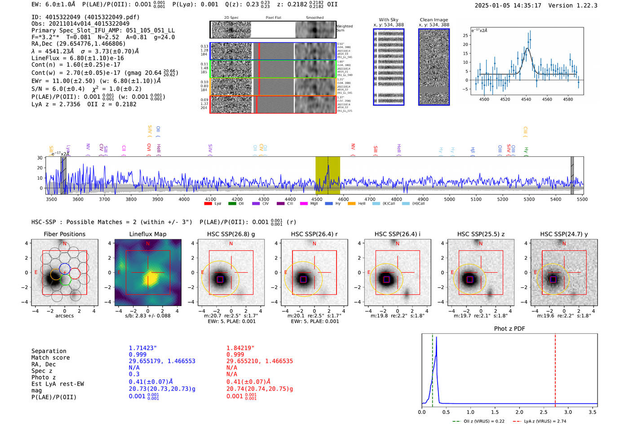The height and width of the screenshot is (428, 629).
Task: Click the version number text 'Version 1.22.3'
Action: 573,5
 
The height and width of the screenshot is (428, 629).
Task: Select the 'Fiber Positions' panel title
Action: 64,234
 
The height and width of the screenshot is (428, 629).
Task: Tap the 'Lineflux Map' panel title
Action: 147,234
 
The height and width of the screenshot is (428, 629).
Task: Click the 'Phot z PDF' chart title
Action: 509,328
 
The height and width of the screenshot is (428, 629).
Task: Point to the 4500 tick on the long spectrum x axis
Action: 317,199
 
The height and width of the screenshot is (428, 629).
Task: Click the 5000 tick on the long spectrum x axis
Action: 449,199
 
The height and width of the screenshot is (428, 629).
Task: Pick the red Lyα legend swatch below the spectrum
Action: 208,203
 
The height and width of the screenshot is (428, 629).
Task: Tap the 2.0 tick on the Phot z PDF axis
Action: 519,412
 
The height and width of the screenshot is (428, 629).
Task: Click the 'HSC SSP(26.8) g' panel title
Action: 231,234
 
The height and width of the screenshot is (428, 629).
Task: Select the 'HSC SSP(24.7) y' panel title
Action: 564,234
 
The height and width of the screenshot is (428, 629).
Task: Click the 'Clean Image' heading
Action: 434,20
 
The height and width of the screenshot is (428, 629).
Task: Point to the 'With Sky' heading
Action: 388,20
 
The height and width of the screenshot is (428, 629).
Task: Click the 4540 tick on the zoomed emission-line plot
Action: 526,99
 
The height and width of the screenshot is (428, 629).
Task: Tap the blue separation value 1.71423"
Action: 143,348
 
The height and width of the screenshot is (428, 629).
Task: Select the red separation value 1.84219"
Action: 240,348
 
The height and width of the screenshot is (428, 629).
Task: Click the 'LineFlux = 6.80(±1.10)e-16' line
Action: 78,58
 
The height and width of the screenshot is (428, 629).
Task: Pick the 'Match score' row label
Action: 50,357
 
